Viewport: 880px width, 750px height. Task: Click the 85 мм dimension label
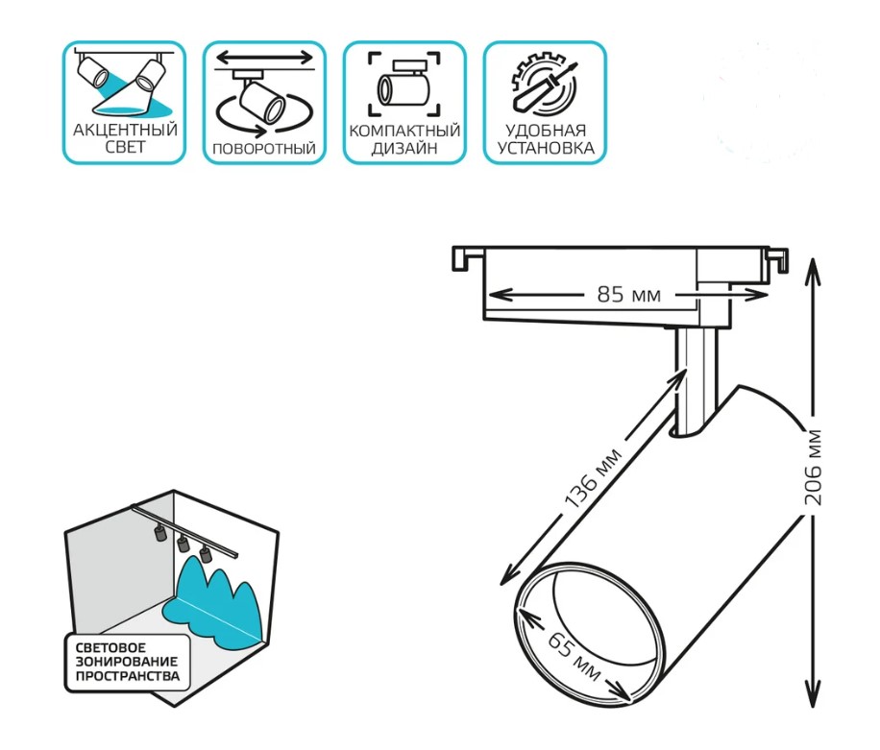628,294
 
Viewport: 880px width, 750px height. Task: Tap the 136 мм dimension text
593,478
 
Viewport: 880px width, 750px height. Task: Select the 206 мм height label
813,467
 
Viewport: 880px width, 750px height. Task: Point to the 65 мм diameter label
574,655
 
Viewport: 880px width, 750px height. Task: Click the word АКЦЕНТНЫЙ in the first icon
125,131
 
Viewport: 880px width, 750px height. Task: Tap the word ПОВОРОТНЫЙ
264,149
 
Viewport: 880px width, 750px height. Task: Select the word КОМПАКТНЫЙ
404,132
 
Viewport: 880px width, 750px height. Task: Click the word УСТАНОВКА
546,149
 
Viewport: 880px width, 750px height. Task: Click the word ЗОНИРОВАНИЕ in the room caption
126,662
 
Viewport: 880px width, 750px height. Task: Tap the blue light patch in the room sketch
213,605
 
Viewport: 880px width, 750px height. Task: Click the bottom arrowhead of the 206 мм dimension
813,695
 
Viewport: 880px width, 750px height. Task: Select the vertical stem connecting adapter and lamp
696,381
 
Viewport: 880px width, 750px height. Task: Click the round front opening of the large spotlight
590,634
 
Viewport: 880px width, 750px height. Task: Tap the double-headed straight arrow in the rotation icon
264,58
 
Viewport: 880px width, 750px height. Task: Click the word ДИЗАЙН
404,149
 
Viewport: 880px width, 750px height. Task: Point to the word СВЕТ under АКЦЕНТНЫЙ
125,147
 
